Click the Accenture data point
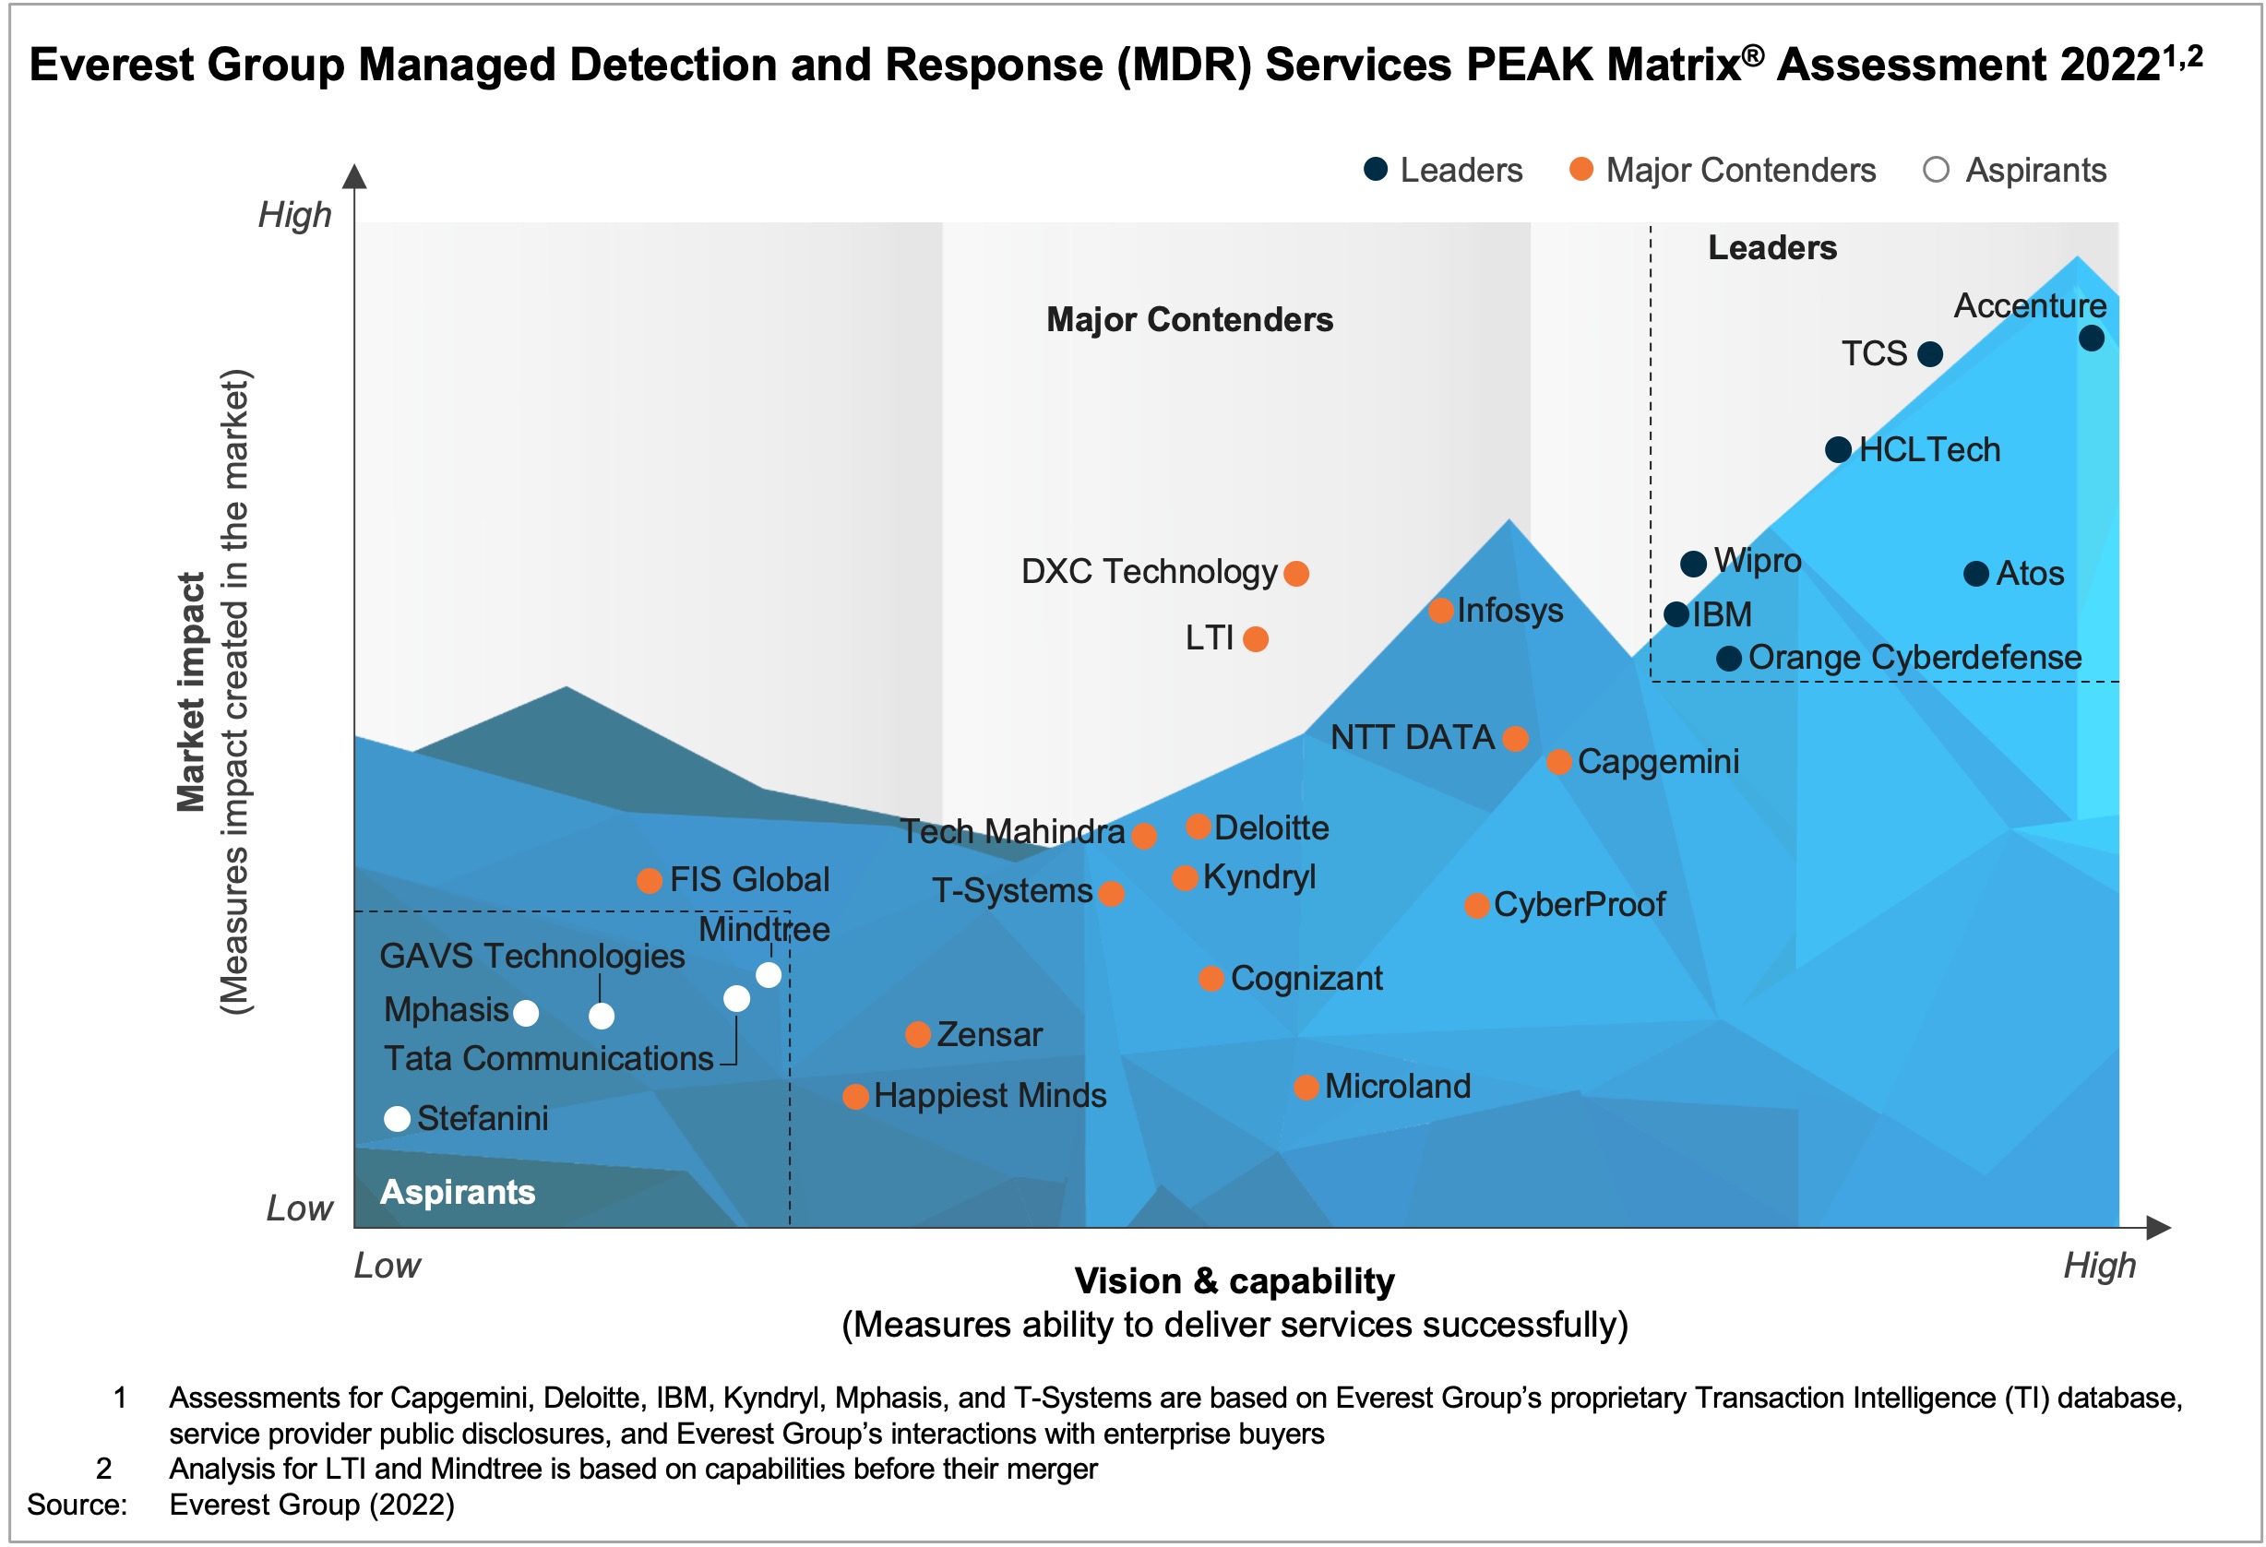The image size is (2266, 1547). pyautogui.click(x=2092, y=339)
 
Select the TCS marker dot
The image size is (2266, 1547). pyautogui.click(x=1929, y=354)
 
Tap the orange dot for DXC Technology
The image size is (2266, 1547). pyautogui.click(x=1295, y=573)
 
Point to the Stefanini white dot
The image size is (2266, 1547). pyautogui.click(x=397, y=1118)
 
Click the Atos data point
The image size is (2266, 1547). pyautogui.click(x=1976, y=573)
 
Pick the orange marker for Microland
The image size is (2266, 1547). pyautogui.click(x=1306, y=1087)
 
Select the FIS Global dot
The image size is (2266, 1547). pyautogui.click(x=650, y=880)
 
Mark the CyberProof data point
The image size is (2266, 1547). pyautogui.click(x=1477, y=906)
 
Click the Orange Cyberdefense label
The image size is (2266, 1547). pyautogui.click(x=1915, y=657)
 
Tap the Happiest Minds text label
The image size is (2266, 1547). pyautogui.click(x=990, y=1096)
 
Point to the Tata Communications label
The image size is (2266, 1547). pyautogui.click(x=548, y=1058)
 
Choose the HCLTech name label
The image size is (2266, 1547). pyautogui.click(x=1929, y=449)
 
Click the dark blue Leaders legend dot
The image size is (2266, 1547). pyautogui.click(x=1376, y=169)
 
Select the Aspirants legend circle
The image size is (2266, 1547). pyautogui.click(x=1937, y=170)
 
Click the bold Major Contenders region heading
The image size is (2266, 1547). pyautogui.click(x=1189, y=320)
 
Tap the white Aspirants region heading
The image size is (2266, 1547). pyautogui.click(x=458, y=1191)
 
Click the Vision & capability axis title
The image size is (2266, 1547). pyautogui.click(x=1234, y=1281)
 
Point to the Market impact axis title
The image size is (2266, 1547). pyautogui.click(x=191, y=692)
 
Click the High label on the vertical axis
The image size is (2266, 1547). pyautogui.click(x=294, y=214)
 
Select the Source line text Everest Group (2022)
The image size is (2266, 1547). pyautogui.click(x=312, y=1505)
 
